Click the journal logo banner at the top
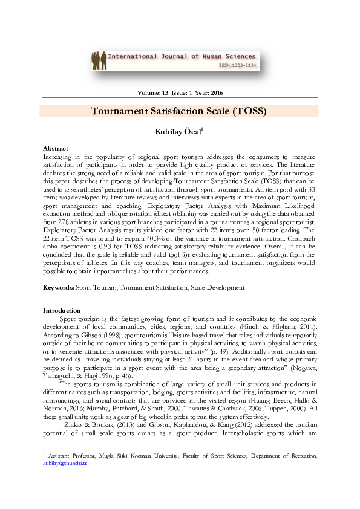179,60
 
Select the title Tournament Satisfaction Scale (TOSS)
179,112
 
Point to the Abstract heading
55,148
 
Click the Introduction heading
62,310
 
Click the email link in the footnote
65,481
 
